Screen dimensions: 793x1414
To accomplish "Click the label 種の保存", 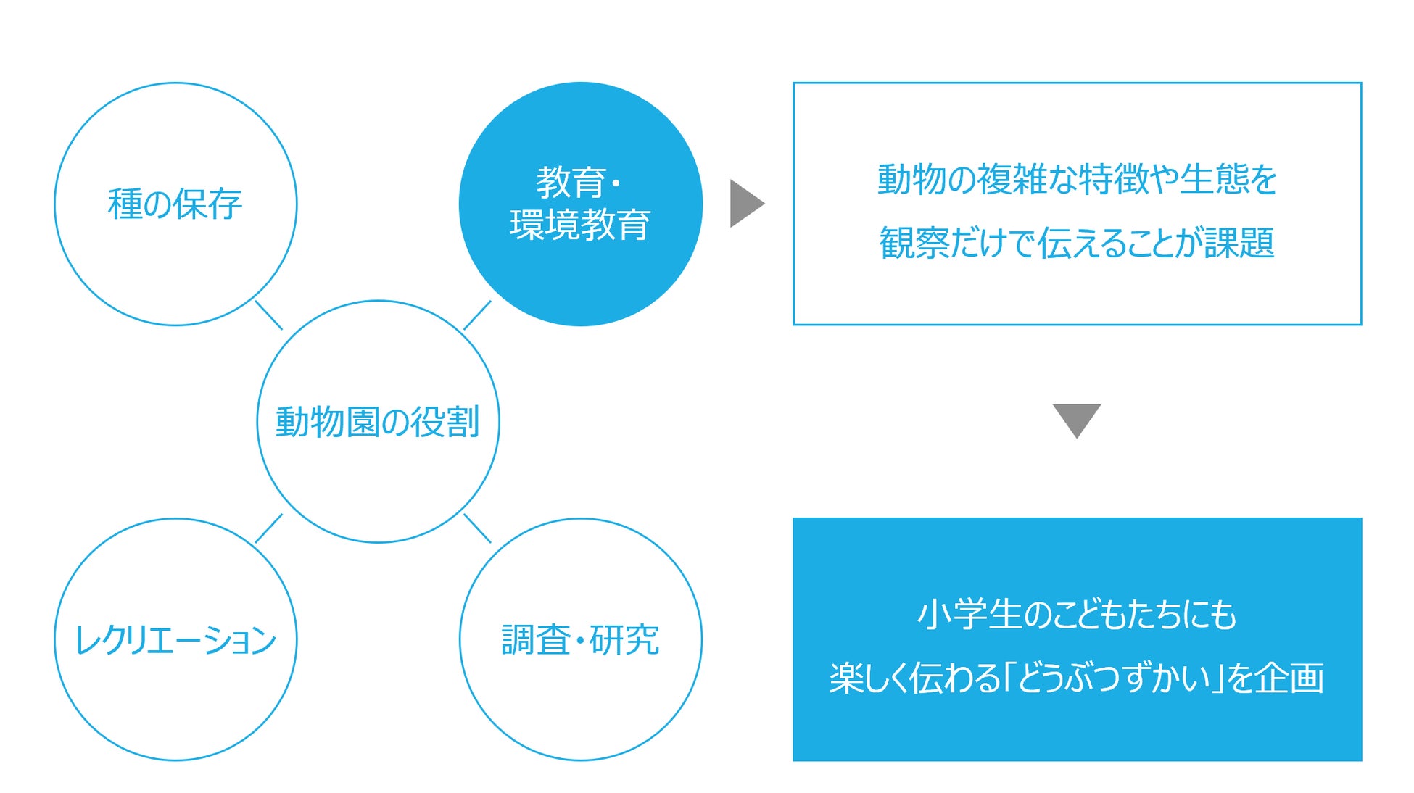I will point(175,204).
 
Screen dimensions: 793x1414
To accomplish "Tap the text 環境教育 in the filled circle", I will point(580,225).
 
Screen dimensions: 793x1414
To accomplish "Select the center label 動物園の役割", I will point(377,422).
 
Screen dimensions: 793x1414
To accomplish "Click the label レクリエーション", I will point(175,640).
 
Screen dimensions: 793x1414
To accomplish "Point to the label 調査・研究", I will point(580,640).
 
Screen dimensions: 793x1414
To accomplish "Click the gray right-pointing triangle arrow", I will point(745,204).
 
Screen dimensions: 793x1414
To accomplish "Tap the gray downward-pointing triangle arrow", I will point(1077,419).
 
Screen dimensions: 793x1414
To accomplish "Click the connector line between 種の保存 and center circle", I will point(268,315).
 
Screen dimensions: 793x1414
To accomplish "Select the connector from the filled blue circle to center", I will point(477,315).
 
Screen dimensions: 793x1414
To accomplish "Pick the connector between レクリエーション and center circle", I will point(268,528).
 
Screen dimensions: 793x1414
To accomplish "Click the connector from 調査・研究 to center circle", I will point(477,528).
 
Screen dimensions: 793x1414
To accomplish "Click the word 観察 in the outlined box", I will point(914,243).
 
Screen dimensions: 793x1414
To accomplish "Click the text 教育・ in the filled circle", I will point(579,183).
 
